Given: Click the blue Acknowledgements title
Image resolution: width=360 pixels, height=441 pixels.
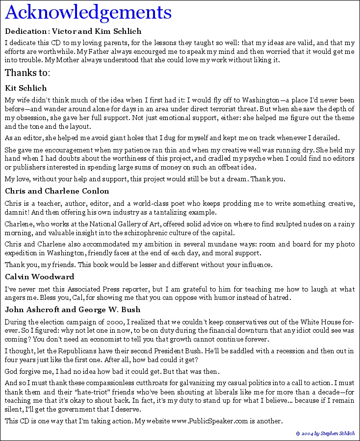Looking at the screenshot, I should pyautogui.click(x=88, y=12).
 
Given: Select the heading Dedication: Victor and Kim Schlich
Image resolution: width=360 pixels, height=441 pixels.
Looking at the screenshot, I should pyautogui.click(x=73, y=31).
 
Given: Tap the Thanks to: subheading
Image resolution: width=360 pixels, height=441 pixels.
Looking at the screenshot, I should pyautogui.click(x=27, y=73).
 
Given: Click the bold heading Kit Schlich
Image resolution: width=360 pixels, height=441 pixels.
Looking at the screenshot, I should pyautogui.click(x=26, y=88).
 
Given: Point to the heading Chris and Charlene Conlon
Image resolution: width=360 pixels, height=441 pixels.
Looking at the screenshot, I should pyautogui.click(x=57, y=191).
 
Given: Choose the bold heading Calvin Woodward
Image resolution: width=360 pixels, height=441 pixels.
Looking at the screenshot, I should pyautogui.click(x=39, y=277).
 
